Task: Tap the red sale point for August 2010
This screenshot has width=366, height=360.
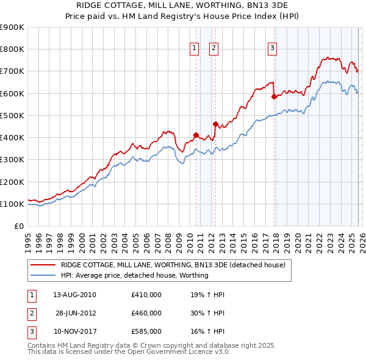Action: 196,135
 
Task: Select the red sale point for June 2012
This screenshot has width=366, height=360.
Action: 215,124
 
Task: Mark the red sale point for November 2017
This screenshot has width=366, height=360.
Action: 274,96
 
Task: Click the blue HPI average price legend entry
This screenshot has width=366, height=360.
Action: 134,275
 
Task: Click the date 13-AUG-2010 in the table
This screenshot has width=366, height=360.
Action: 74,295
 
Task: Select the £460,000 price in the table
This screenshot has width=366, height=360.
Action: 146,313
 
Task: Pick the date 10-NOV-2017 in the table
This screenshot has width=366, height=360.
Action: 74,331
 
